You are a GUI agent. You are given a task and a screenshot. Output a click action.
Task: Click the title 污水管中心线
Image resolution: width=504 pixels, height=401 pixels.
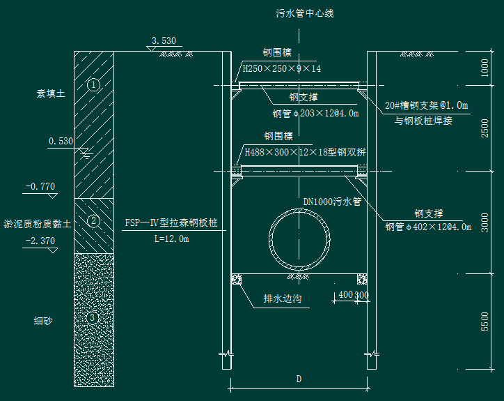305,13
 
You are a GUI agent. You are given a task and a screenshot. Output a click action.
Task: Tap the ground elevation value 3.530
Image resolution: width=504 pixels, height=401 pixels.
164,41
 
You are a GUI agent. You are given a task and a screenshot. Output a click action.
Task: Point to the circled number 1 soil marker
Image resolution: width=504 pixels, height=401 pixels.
93,85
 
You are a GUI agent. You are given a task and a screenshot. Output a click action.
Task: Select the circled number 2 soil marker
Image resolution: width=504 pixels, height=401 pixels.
93,221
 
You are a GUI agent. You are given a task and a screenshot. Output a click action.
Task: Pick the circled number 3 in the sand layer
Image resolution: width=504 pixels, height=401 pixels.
93,318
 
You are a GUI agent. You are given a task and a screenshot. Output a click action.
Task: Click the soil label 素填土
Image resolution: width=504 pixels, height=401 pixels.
51,93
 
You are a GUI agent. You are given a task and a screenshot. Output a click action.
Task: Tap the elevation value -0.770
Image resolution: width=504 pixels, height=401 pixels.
40,186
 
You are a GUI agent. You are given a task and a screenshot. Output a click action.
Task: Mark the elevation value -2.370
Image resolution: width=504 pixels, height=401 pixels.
40,241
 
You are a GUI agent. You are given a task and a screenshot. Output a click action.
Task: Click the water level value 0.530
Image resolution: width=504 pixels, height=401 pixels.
61,142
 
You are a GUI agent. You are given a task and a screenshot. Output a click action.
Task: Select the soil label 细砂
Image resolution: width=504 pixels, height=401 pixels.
43,321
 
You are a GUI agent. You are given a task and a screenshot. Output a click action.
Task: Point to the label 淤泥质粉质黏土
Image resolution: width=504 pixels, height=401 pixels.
38,224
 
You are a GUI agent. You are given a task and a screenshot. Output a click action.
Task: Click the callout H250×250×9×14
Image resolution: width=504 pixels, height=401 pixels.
281,68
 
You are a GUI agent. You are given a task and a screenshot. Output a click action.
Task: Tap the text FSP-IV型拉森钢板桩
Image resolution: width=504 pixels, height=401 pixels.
171,222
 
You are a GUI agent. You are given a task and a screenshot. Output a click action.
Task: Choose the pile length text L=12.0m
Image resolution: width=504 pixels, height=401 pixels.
172,239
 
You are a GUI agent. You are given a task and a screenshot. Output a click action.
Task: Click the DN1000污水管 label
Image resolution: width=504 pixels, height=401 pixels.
332,202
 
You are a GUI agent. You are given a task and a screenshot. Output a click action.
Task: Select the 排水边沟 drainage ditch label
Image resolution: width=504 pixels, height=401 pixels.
283,298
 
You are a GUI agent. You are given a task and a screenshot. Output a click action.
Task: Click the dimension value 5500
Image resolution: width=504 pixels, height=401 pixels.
485,321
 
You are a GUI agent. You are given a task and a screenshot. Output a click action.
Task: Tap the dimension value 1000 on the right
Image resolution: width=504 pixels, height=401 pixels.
485,68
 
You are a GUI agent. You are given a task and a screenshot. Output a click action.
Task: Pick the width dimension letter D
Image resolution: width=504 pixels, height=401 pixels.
299,379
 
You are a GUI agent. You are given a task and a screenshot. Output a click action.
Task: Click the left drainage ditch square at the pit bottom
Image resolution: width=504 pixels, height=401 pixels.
237,279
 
